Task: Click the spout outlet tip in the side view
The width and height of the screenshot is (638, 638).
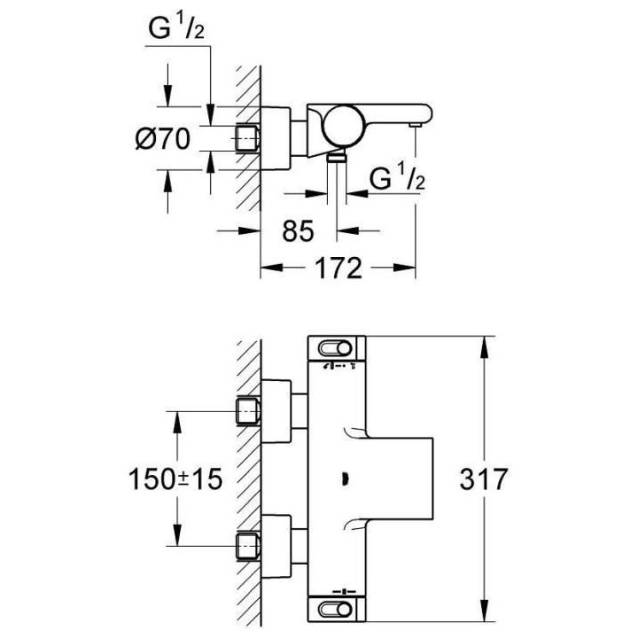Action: tap(414, 129)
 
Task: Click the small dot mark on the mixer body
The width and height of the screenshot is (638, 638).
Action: tap(343, 479)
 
